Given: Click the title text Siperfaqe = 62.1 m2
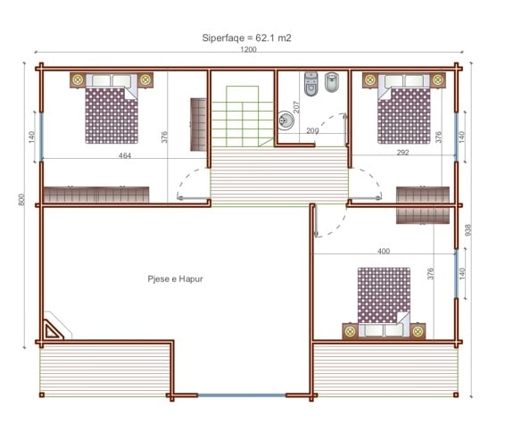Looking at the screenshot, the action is tap(246, 38).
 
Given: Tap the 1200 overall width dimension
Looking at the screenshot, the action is tap(248, 50).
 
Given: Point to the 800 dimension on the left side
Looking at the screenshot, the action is tap(21, 200).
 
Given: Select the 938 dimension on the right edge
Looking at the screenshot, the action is tap(468, 230).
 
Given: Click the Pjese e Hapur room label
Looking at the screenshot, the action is tap(175, 279).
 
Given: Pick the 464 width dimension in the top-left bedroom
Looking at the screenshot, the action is tap(125, 155).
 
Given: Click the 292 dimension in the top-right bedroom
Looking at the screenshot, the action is tap(403, 153).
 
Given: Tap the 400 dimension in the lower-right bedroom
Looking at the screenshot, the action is tap(384, 251).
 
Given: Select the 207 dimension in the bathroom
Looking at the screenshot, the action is tap(296, 107).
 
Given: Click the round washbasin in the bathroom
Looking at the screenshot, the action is tap(286, 120).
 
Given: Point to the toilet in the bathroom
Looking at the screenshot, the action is tap(310, 84).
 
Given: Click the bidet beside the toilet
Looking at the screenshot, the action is tap(331, 82).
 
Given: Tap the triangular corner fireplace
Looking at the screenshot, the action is tap(52, 330).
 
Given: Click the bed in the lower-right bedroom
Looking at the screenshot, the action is tap(384, 302).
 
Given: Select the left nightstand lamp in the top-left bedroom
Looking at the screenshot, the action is tap(78, 79).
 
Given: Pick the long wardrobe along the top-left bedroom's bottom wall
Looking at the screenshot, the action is tap(96, 195).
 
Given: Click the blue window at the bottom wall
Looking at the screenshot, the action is tap(242, 395).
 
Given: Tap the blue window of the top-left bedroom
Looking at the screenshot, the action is tap(41, 136).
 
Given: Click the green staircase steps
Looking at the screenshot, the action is tap(242, 116).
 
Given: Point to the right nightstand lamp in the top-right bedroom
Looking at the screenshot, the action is tap(437, 79).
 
